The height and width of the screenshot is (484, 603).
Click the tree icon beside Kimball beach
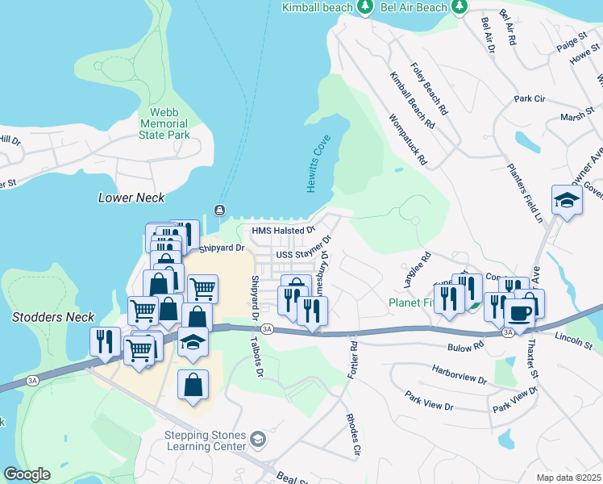click(x=365, y=7)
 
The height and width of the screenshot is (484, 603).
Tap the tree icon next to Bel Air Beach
click(x=460, y=7)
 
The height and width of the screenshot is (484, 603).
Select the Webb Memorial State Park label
click(x=164, y=124)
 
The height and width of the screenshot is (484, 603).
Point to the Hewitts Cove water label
click(x=318, y=164)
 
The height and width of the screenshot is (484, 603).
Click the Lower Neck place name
click(x=131, y=198)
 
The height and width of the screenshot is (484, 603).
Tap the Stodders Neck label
click(x=53, y=318)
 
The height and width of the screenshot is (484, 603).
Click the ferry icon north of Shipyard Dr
click(x=218, y=211)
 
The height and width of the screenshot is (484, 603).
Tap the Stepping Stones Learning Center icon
click(x=258, y=440)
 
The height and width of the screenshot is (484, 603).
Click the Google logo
click(x=27, y=474)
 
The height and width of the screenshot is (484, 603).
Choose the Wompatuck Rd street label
click(x=407, y=140)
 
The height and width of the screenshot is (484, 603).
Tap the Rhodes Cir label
click(x=352, y=437)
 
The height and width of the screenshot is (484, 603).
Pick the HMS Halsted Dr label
click(x=282, y=231)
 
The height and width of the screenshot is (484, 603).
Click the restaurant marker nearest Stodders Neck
click(x=105, y=341)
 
